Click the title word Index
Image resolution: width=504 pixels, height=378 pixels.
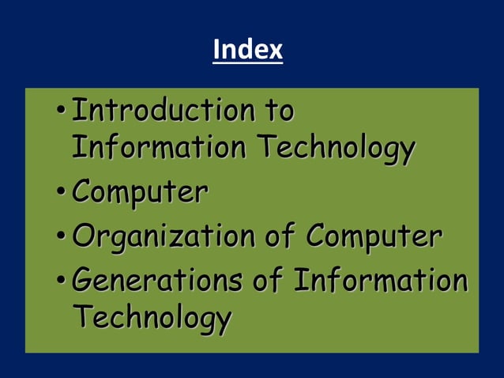[247, 51]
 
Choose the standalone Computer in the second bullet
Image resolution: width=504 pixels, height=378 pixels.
[140, 192]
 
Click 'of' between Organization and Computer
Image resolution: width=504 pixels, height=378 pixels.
[287, 236]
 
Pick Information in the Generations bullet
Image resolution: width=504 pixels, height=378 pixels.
[381, 280]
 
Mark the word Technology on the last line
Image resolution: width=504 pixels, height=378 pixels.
[152, 319]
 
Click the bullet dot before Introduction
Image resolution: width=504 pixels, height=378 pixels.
[62, 112]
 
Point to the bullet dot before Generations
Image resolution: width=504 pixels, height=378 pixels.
[62, 282]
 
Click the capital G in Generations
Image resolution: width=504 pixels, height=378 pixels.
[81, 280]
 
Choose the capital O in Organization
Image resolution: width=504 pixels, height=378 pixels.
[82, 236]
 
